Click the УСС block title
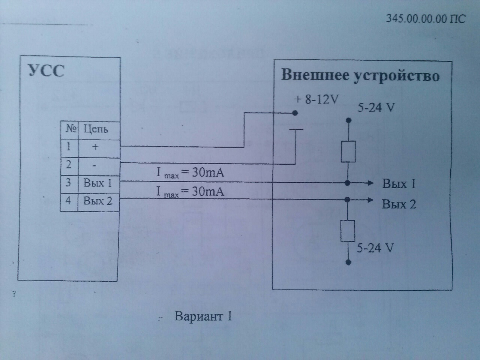(x=46, y=70)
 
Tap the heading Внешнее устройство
(x=360, y=75)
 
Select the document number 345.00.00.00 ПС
(x=426, y=18)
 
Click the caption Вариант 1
(x=203, y=316)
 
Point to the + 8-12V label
(x=316, y=99)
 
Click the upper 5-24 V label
(x=376, y=108)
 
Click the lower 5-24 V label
(x=375, y=248)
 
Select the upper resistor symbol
(x=348, y=151)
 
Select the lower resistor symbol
(x=348, y=231)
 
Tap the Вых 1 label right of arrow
(x=399, y=184)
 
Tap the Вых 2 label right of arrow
(x=399, y=204)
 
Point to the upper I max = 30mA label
(x=190, y=172)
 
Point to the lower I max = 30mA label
(x=190, y=192)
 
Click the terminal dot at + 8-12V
(x=295, y=113)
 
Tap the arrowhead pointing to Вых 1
(x=370, y=183)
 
